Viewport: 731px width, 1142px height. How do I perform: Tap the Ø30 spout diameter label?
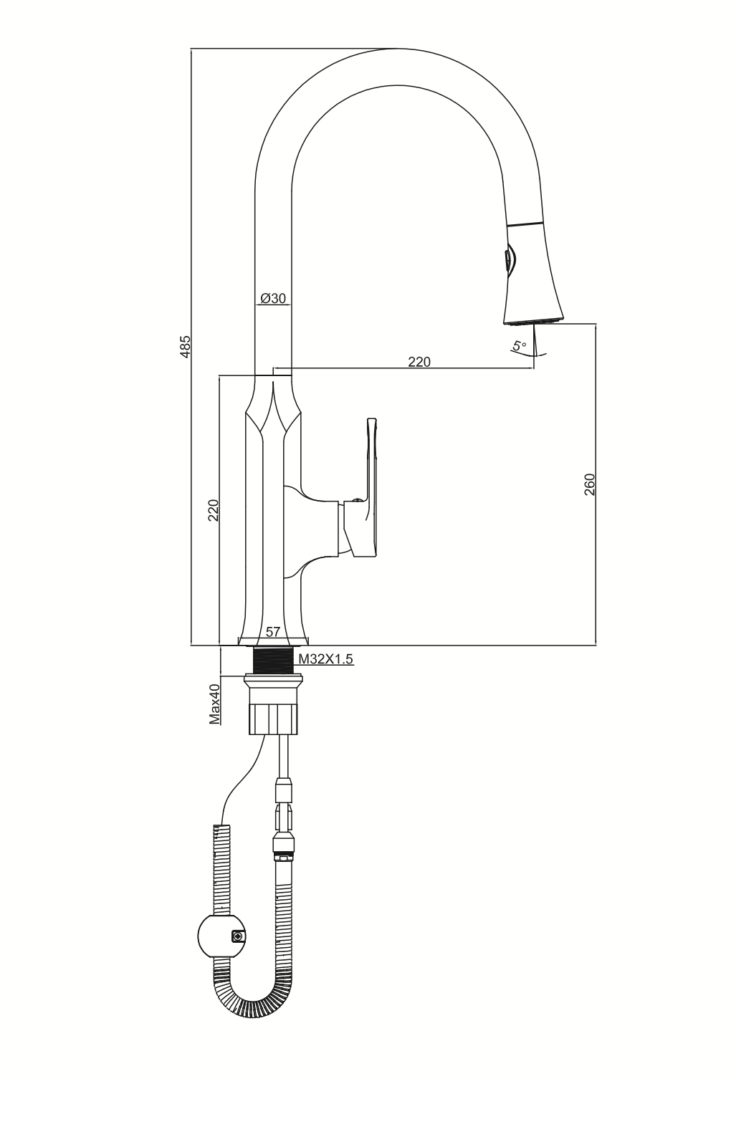[273, 298]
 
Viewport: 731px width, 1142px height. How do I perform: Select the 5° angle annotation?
[520, 345]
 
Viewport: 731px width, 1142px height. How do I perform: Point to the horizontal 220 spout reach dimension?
[419, 362]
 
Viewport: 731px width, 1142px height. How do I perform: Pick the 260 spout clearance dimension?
[589, 484]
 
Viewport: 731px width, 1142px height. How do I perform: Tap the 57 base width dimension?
[273, 632]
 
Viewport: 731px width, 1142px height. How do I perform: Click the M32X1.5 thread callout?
[325, 658]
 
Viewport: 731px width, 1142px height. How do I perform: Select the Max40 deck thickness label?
[214, 704]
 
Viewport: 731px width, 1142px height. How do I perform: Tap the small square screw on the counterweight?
[237, 936]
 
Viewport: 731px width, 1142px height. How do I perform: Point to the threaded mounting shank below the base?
[273, 660]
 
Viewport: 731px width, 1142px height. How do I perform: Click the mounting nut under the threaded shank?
[273, 704]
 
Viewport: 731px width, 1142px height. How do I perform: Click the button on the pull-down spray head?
[508, 260]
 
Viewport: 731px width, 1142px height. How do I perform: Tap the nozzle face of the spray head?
[533, 321]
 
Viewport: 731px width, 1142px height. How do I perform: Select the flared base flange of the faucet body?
[274, 640]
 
